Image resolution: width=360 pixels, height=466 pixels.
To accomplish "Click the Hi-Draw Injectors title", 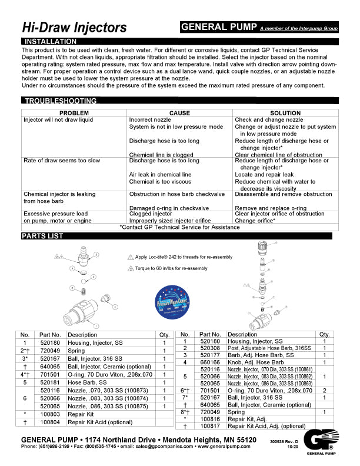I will point(74,27).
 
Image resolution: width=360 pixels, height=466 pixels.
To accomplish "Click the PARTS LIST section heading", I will point(42,236).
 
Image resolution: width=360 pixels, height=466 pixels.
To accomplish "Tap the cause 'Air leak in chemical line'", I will point(160,174).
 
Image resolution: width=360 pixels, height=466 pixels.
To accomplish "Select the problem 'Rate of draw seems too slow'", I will point(62,160).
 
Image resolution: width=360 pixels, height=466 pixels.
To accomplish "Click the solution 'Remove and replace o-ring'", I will point(271,208).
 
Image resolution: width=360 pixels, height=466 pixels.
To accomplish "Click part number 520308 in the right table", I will point(211,348).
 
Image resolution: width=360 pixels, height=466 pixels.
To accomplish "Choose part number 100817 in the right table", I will point(211,425).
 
